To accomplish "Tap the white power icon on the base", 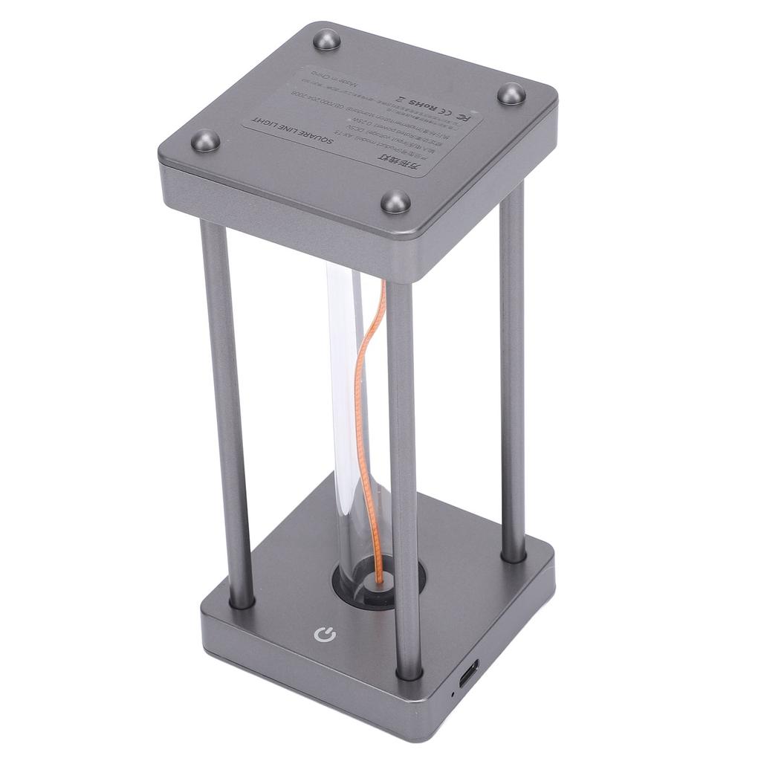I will (x=325, y=635).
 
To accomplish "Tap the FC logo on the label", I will (x=462, y=115).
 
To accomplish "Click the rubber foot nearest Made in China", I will (x=326, y=39).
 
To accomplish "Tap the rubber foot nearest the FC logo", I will (x=511, y=94).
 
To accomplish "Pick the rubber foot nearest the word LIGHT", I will (x=206, y=140).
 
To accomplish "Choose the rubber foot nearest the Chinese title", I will (x=395, y=201).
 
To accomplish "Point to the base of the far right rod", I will (x=513, y=554).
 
